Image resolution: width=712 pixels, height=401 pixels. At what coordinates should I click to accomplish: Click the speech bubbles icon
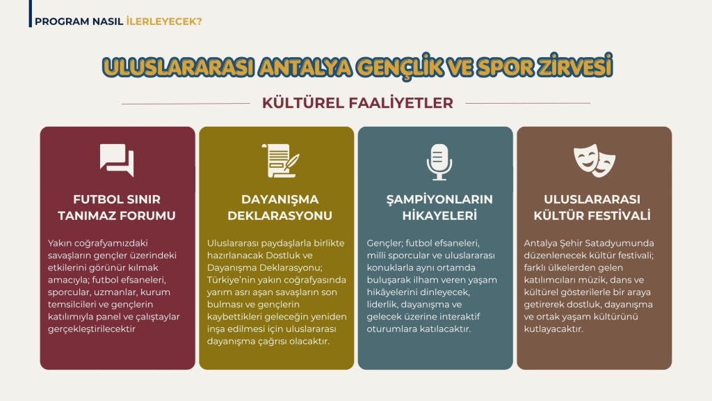(x=117, y=160)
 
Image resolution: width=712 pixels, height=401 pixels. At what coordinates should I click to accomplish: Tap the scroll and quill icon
(x=280, y=161)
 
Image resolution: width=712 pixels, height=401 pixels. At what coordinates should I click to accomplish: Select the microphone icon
(x=439, y=162)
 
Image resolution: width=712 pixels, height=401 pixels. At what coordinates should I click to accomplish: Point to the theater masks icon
(x=594, y=161)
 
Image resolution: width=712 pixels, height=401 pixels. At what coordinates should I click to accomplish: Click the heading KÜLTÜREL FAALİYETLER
(x=357, y=103)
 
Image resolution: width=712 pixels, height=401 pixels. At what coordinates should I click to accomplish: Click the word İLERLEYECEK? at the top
(x=164, y=22)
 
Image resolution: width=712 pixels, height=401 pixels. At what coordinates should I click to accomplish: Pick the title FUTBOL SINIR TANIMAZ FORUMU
(x=117, y=207)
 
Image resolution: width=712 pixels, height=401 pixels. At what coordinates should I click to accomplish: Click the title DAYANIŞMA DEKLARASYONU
(x=280, y=207)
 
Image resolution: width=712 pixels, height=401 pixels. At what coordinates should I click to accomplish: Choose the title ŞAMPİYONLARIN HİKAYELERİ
(x=439, y=207)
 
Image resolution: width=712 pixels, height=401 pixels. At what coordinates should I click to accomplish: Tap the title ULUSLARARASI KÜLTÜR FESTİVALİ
(x=592, y=207)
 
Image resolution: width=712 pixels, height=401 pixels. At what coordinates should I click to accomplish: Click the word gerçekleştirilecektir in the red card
(x=92, y=329)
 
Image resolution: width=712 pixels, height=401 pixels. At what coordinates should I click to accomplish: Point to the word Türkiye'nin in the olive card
(x=231, y=280)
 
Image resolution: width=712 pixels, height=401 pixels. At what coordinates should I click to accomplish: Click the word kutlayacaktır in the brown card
(x=553, y=329)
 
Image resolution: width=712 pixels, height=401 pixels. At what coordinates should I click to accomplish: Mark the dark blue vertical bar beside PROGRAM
(x=31, y=14)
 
